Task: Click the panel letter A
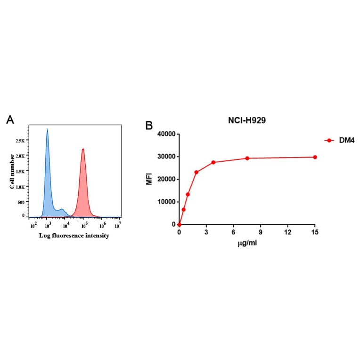[x=10, y=120]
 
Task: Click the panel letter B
[x=149, y=126]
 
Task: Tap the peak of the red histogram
[x=83, y=149]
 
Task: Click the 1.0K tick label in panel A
[x=20, y=187]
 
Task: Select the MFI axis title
[x=149, y=179]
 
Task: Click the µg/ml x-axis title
[x=247, y=243]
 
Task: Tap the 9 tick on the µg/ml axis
[x=261, y=232]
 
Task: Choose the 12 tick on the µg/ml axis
[x=287, y=232]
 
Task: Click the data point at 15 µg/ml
[x=315, y=157]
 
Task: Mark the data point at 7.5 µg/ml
[x=247, y=158]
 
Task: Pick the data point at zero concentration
[x=180, y=224]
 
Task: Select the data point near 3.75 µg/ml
[x=213, y=163]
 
